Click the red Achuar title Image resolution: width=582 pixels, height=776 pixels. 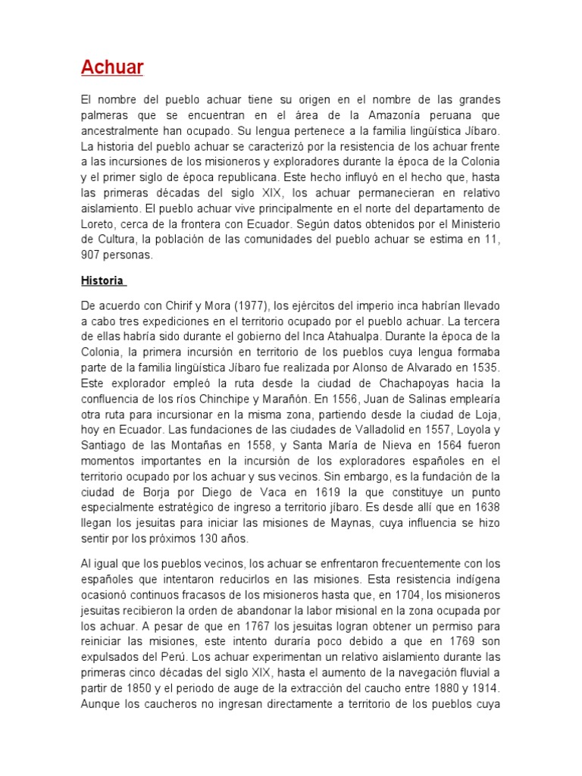click(x=112, y=68)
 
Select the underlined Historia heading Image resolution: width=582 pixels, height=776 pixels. click(x=102, y=280)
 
